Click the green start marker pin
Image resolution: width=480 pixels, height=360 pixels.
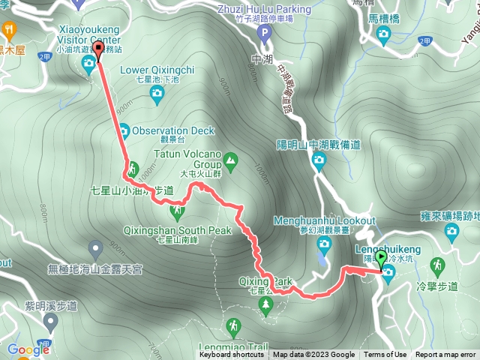(381, 259)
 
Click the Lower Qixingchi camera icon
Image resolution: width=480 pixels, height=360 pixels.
(156, 92)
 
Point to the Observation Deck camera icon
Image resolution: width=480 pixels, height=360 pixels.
(122, 130)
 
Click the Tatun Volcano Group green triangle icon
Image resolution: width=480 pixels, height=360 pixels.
(231, 159)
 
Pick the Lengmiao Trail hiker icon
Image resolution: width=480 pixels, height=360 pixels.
(234, 325)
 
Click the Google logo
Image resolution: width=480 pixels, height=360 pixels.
(28, 349)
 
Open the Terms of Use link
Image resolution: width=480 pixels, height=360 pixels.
(385, 355)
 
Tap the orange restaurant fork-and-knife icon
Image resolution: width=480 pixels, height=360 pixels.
(10, 30)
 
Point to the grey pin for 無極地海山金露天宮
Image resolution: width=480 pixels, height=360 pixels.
(95, 247)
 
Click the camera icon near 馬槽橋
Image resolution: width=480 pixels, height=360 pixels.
(384, 34)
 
